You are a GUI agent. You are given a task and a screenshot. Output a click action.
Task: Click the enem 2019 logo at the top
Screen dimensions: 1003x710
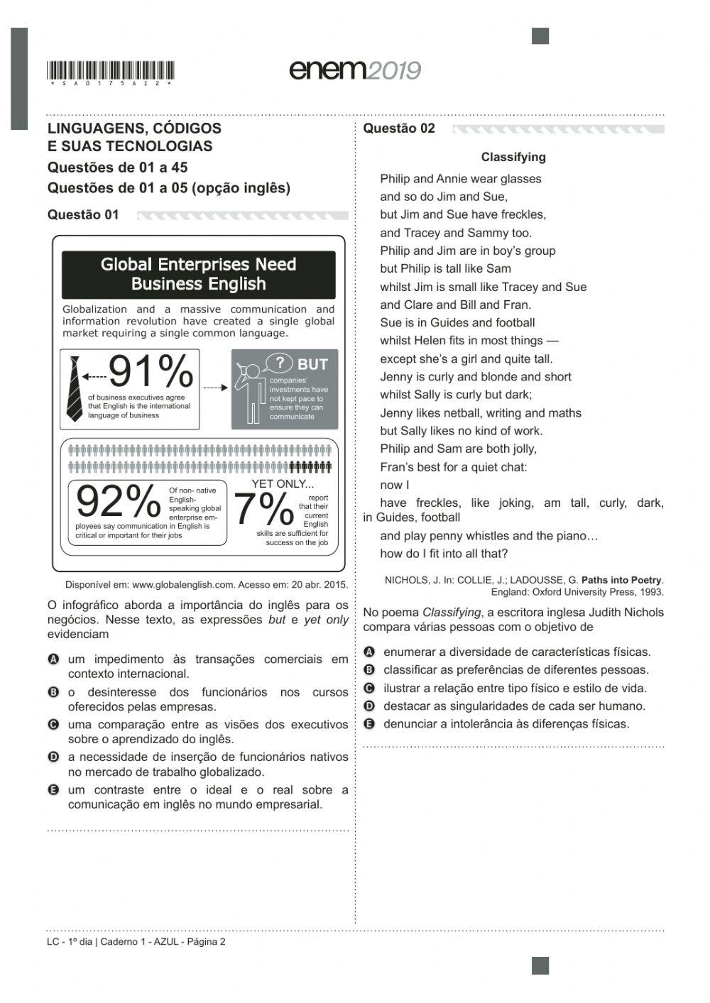(355, 70)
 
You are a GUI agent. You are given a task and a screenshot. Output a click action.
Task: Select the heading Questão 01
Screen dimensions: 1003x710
(83, 215)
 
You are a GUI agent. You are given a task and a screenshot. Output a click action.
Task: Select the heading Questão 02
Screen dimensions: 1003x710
(399, 128)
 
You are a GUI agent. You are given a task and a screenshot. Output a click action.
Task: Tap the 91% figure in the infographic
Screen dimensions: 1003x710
(151, 371)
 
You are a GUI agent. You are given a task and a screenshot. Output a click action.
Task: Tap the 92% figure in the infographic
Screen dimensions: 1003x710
(118, 503)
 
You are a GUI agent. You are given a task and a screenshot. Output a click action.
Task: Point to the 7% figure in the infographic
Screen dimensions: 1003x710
(263, 509)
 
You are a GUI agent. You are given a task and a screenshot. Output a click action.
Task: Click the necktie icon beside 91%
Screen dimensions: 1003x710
(74, 389)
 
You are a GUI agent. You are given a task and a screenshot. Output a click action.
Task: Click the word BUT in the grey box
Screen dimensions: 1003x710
(312, 364)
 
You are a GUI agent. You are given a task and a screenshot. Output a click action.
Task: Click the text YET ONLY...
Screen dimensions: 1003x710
(283, 484)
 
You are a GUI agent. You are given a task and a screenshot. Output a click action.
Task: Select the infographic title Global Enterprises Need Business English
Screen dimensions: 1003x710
(198, 275)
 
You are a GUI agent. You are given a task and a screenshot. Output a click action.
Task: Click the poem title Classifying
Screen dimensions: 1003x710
(513, 158)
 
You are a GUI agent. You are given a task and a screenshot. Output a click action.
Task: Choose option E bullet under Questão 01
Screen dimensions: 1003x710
(53, 790)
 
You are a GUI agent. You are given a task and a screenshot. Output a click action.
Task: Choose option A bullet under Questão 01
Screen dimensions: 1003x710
(53, 659)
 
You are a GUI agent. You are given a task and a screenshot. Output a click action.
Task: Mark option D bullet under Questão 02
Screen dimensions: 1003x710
(368, 706)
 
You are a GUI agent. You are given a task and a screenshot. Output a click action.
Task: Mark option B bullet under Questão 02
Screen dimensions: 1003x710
(368, 670)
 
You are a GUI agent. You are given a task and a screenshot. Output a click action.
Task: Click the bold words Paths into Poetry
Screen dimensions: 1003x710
(621, 581)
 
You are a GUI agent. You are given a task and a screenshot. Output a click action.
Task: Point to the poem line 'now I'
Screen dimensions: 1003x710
(395, 486)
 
